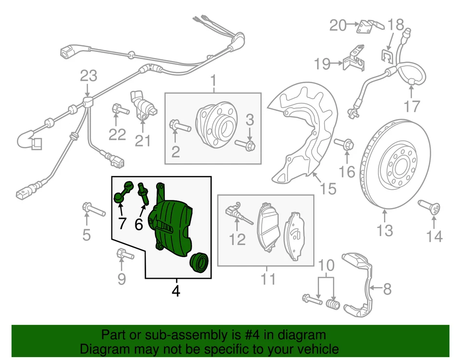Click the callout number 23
(88, 76)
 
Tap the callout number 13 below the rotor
(385, 231)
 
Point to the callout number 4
(176, 291)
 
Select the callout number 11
(268, 278)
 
